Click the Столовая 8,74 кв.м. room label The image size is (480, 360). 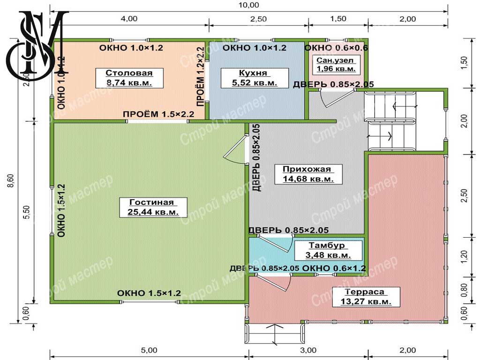coord(129,78)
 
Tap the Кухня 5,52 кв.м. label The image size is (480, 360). coord(255,78)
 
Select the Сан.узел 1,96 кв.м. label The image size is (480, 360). coord(336,64)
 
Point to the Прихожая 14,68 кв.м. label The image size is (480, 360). coord(308,174)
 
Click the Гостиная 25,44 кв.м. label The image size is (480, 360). coord(153,207)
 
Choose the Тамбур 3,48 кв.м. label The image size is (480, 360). coord(328,250)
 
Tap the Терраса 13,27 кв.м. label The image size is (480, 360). coord(366,297)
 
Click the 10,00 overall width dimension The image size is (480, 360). coord(248,5)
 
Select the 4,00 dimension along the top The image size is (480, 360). coord(129,19)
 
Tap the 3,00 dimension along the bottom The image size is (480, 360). coord(308,350)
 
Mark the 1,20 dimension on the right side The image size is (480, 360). coord(465,256)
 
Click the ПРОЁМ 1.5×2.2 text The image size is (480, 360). coord(158,114)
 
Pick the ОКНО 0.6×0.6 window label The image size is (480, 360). coord(336,48)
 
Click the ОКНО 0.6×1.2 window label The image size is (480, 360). coord(334,269)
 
